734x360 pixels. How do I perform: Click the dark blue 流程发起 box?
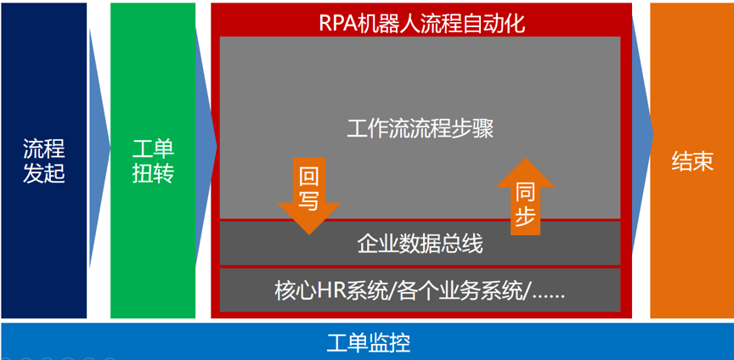click(x=44, y=160)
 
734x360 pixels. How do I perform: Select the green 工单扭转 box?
click(x=153, y=160)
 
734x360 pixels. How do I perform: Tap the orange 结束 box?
click(x=692, y=160)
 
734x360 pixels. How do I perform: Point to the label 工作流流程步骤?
click(x=420, y=129)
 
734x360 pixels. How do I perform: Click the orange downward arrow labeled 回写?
click(x=309, y=195)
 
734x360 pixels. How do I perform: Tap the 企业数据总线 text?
click(x=420, y=244)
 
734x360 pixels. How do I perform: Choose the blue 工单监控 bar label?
click(x=369, y=343)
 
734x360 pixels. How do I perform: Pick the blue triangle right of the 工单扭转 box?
click(x=206, y=147)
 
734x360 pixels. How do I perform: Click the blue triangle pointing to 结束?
click(x=642, y=136)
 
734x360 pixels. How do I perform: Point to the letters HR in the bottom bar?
click(x=330, y=292)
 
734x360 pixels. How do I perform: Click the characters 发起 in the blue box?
click(x=44, y=174)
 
